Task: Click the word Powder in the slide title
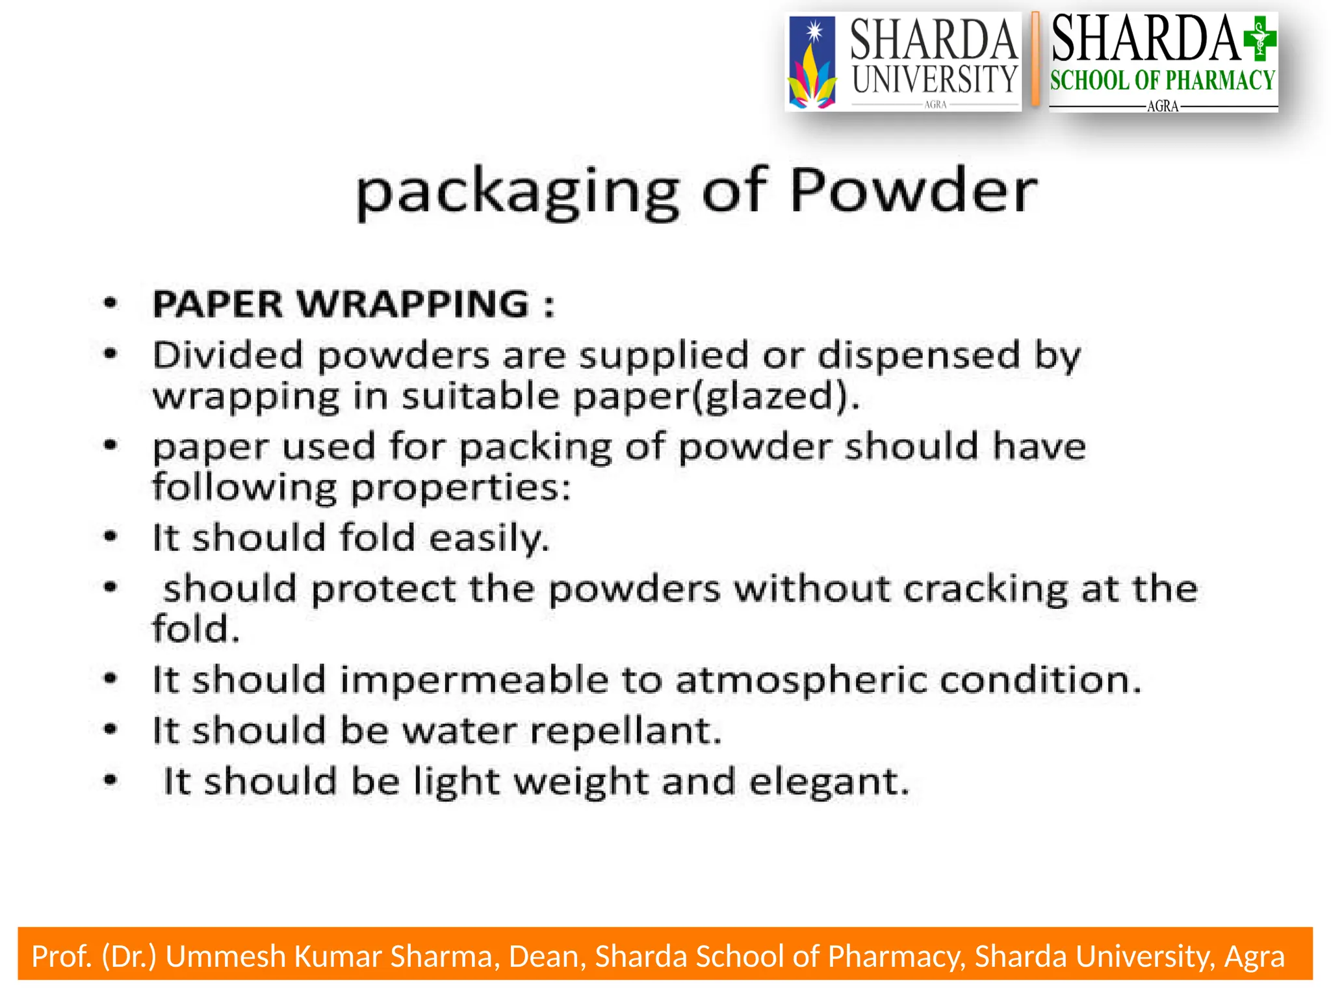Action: tap(913, 190)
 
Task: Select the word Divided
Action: tap(228, 355)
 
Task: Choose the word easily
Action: tap(489, 539)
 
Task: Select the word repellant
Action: tap(626, 731)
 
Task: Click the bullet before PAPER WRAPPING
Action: tap(111, 303)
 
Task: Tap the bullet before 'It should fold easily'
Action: tap(111, 537)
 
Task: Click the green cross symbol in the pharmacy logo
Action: tap(1260, 39)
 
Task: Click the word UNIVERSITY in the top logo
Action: tap(934, 80)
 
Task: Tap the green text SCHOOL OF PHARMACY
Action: tap(1163, 81)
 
